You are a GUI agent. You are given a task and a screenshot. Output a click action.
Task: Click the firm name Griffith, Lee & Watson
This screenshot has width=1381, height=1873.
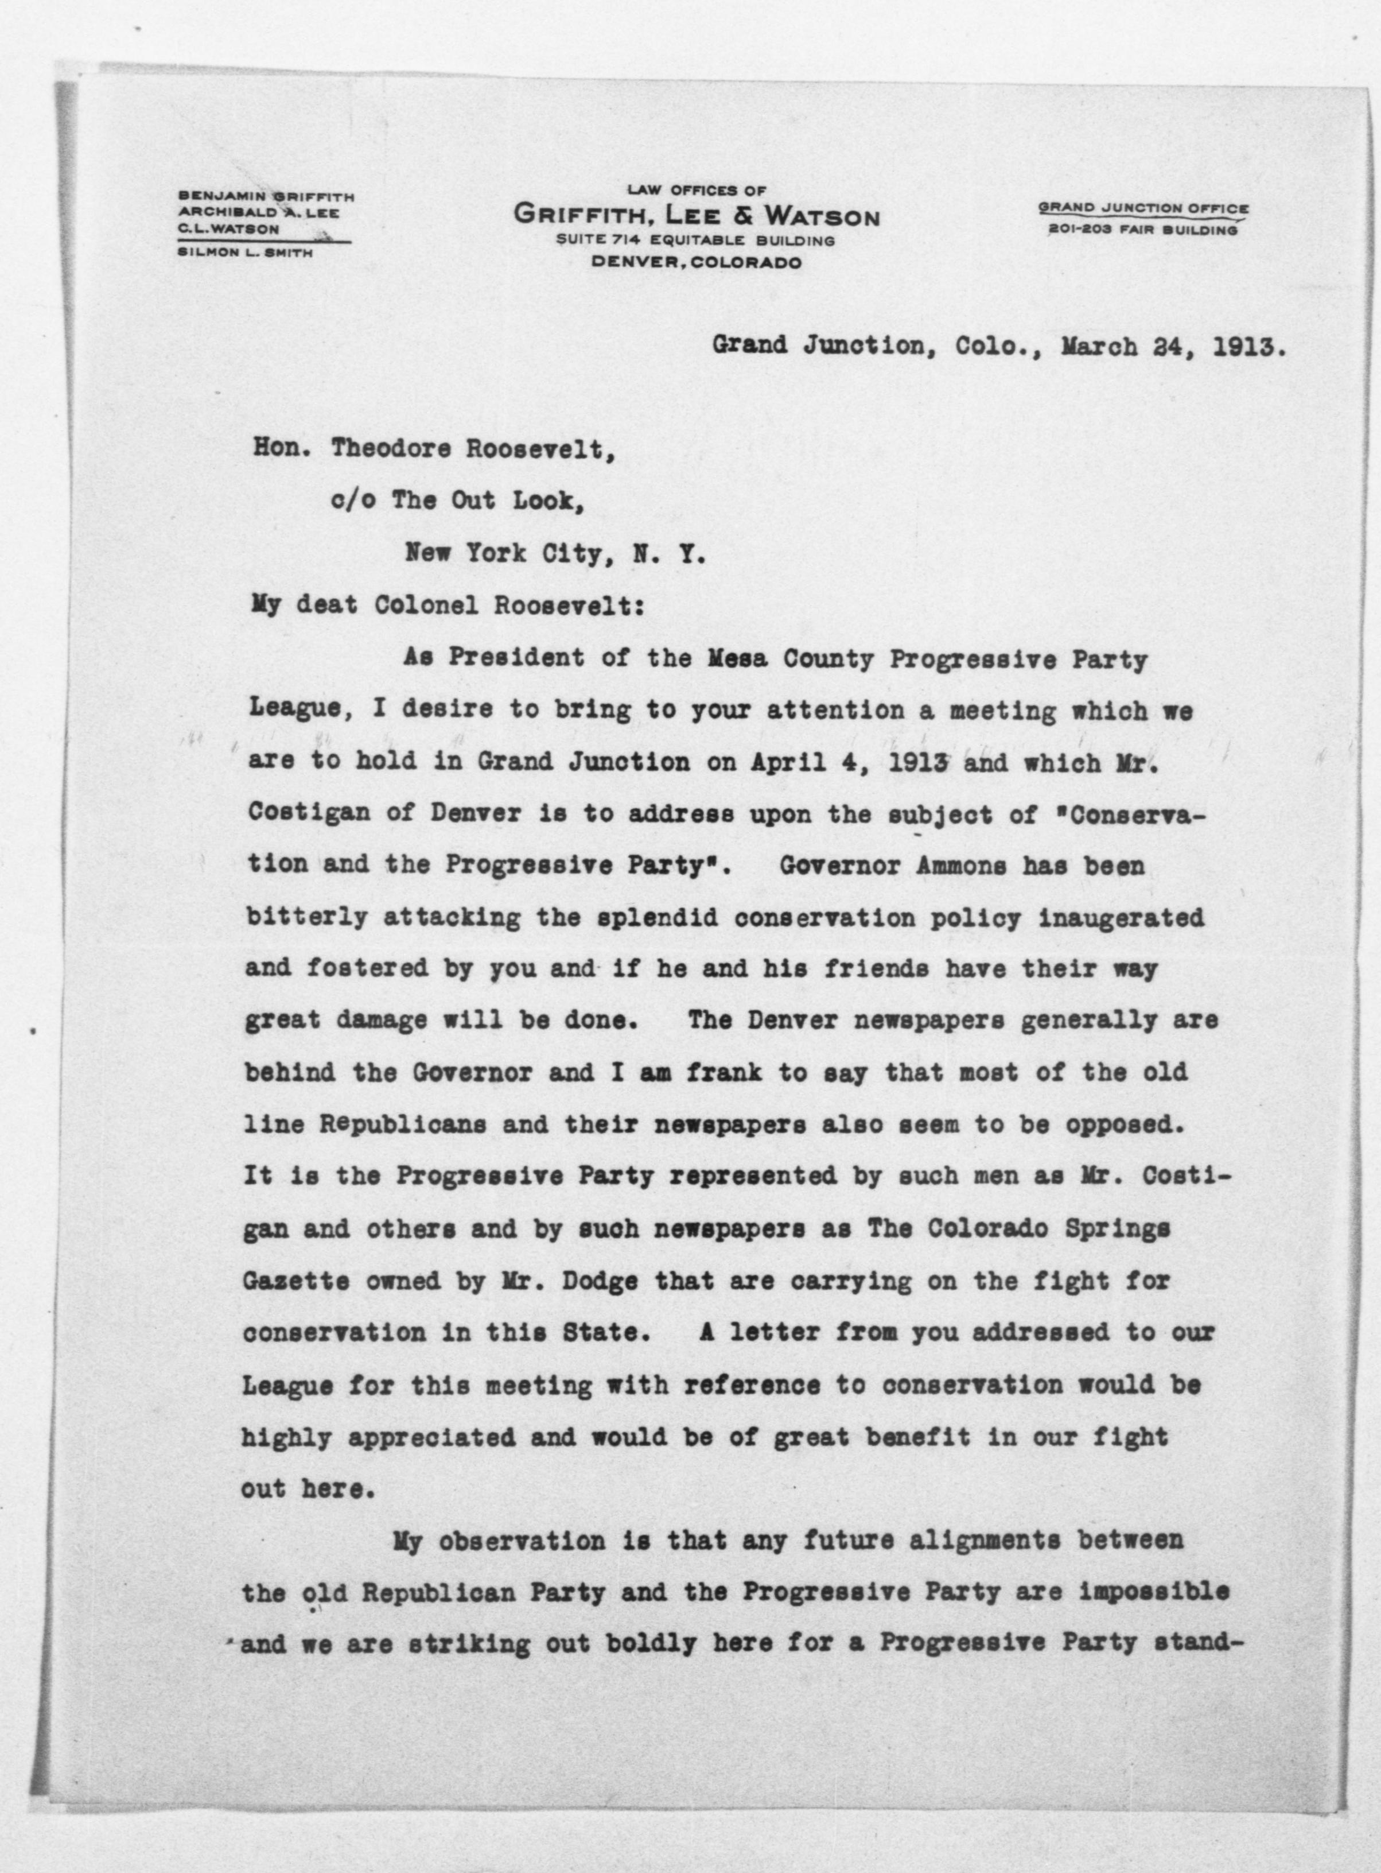click(x=697, y=216)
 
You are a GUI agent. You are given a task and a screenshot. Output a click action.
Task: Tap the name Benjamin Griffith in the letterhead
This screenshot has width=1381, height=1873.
click(x=266, y=196)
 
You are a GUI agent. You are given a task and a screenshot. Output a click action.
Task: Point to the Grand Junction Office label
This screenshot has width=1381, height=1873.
click(x=1143, y=208)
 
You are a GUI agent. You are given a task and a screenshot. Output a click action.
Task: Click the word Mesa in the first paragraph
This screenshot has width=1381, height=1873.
click(x=739, y=659)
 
